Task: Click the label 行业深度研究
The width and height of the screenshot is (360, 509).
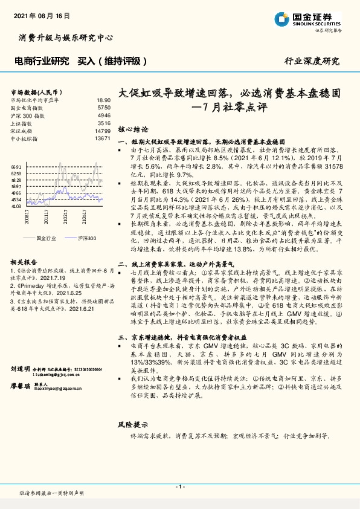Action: click(x=312, y=61)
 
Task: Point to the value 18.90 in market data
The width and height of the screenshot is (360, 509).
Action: click(x=103, y=100)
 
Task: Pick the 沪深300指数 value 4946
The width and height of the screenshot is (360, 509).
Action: click(x=104, y=115)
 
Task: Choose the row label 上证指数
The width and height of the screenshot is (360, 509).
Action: click(x=23, y=123)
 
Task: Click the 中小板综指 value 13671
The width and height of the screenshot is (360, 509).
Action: click(x=102, y=138)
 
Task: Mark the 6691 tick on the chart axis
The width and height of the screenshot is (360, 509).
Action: click(x=16, y=166)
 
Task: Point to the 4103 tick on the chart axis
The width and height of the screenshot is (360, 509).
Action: click(x=16, y=206)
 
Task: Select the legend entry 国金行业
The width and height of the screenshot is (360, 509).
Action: click(x=45, y=238)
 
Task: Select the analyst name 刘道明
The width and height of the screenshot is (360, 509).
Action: click(x=21, y=351)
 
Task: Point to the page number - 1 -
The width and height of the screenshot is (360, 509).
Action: click(x=180, y=487)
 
